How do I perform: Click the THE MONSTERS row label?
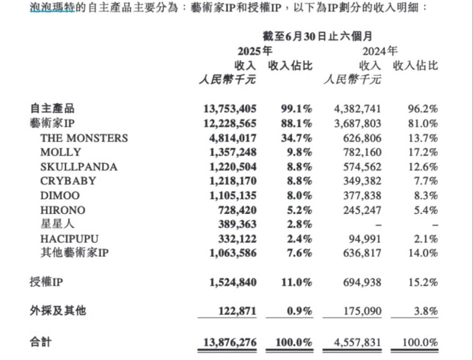84,138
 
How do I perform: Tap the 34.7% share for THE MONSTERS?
295,138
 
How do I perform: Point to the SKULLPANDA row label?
79,167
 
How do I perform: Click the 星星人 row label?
58,224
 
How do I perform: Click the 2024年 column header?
380,50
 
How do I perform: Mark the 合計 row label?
41,342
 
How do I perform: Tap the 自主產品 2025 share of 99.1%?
295,109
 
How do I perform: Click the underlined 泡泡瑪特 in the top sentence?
53,8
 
